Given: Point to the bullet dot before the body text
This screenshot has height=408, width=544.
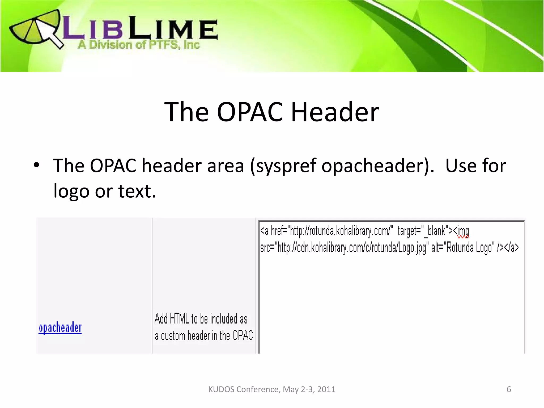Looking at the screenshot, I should point(36,165).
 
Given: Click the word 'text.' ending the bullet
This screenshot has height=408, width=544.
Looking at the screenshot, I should point(137,191).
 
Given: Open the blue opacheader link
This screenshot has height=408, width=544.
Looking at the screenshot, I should point(60,328).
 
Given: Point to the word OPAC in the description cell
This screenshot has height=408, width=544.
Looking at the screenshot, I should point(243,335).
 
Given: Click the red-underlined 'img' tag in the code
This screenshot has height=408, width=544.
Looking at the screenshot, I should point(463,232).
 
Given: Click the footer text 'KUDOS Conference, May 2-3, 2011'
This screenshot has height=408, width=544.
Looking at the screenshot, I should point(272,389).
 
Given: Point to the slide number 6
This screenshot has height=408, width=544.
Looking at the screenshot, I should point(509,389).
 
